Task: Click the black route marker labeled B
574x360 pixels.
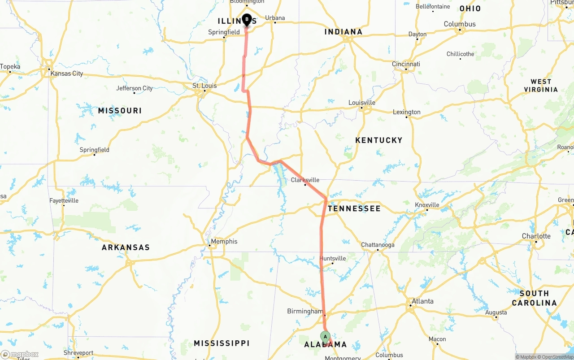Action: click(247, 20)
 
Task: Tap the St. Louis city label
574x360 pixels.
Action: click(204, 86)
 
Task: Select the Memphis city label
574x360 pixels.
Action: click(224, 241)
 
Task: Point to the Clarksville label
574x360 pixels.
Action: click(305, 180)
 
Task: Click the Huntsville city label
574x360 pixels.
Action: click(333, 258)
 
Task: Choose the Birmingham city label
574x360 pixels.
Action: click(305, 311)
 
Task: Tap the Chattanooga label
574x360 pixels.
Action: click(378, 245)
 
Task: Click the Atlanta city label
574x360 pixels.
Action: click(422, 301)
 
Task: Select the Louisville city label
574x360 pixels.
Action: click(362, 103)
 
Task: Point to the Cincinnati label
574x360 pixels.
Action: click(406, 64)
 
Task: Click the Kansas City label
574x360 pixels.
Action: click(66, 74)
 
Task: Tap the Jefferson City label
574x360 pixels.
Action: click(135, 88)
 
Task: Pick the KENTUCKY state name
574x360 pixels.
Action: click(379, 140)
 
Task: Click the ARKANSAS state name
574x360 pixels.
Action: click(126, 247)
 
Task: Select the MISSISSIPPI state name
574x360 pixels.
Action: click(222, 343)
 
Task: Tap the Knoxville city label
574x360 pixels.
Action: click(427, 205)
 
